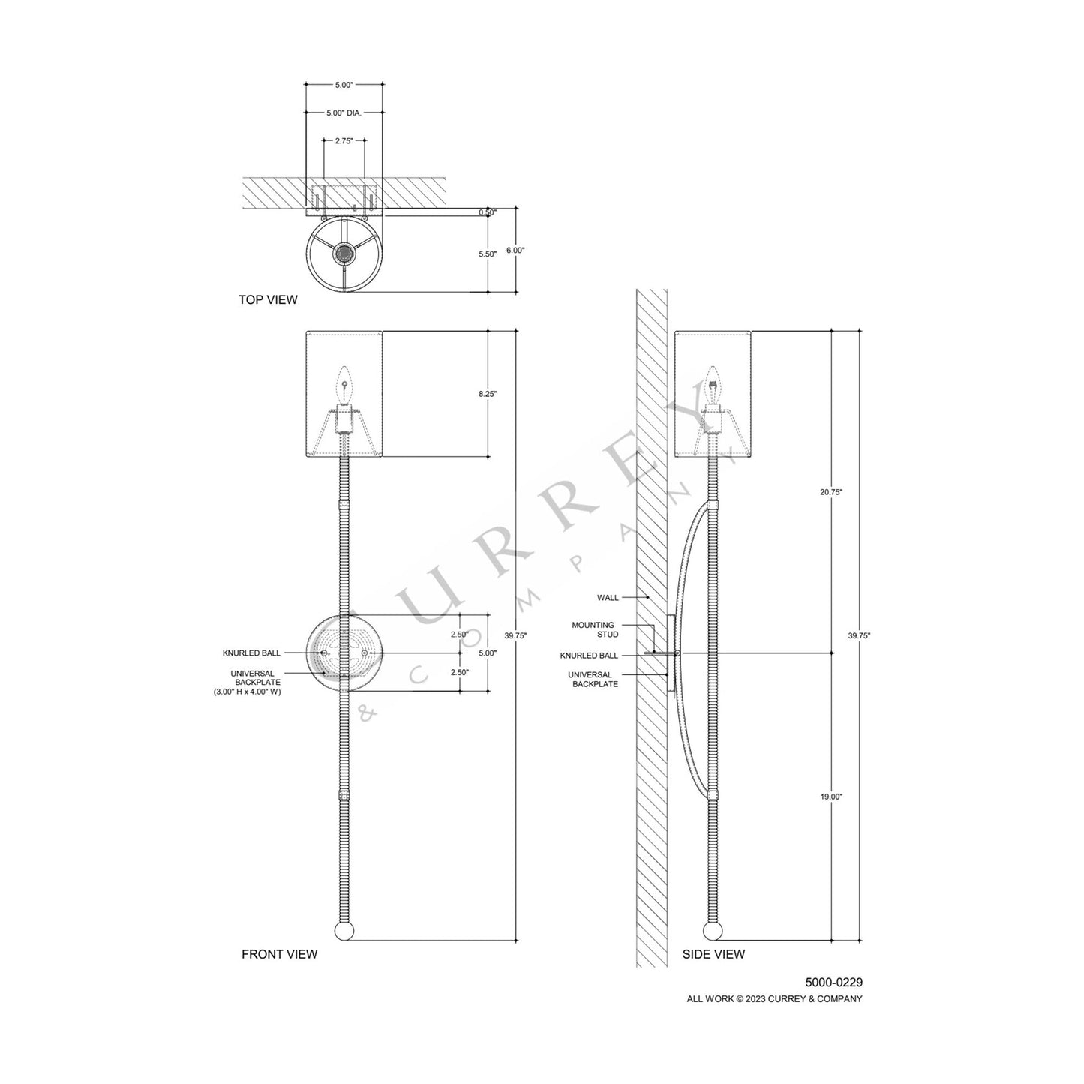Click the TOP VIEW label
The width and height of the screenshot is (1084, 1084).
(268, 300)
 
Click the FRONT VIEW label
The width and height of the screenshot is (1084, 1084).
(279, 954)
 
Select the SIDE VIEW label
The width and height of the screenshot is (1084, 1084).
(713, 954)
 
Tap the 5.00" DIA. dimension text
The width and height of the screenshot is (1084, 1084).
(344, 113)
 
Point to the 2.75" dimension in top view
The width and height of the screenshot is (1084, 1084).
(344, 140)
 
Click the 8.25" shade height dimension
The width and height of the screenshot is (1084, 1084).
(488, 393)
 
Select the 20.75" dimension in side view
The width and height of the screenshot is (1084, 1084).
(831, 492)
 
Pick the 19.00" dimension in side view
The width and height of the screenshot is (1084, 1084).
(831, 797)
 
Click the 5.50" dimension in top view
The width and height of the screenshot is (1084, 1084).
(488, 254)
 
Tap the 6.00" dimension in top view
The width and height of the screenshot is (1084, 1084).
(515, 250)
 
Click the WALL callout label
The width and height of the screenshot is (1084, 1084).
(608, 598)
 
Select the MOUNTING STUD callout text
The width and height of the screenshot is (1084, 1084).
(593, 629)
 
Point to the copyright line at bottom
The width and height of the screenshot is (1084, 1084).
(775, 998)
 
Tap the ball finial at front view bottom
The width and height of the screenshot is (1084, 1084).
(344, 932)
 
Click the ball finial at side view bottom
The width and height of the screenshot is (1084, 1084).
(713, 932)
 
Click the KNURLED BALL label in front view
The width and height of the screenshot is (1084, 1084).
(251, 653)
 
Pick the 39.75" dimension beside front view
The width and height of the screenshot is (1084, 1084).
(515, 635)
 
